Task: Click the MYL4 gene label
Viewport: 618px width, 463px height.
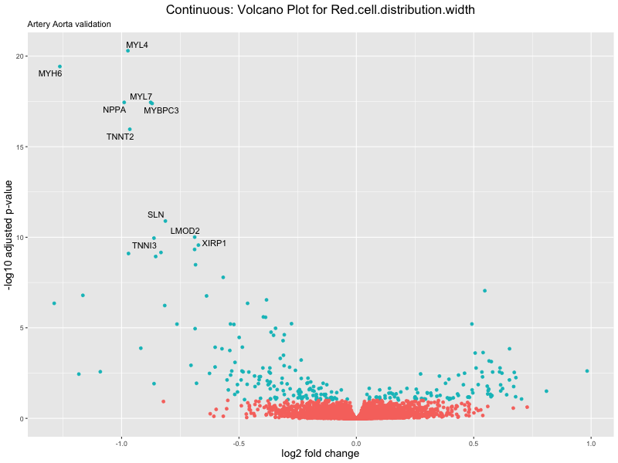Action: tap(137, 45)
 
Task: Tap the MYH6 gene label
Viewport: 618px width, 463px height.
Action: tap(50, 74)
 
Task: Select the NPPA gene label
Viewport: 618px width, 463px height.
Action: tap(114, 110)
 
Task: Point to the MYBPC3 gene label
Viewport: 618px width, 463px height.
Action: tap(161, 110)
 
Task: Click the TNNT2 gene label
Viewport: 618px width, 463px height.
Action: tap(120, 137)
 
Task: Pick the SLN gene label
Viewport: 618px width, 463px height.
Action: tap(155, 215)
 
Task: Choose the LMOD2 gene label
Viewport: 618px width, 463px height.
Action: tap(185, 231)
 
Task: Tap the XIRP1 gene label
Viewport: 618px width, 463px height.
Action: tap(214, 243)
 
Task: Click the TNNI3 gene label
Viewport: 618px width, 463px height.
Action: tap(144, 245)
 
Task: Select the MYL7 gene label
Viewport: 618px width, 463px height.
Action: tap(141, 96)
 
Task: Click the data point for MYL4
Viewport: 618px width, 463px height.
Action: tap(127, 51)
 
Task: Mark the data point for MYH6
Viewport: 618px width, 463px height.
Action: tap(59, 66)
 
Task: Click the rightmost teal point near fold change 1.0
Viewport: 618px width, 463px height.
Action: tap(587, 371)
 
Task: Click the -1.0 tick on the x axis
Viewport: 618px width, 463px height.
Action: tap(121, 443)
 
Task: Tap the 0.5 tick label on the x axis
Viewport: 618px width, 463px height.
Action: tap(474, 443)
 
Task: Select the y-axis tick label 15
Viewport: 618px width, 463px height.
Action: tap(19, 147)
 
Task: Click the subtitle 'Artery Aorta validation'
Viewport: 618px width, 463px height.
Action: tap(69, 25)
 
